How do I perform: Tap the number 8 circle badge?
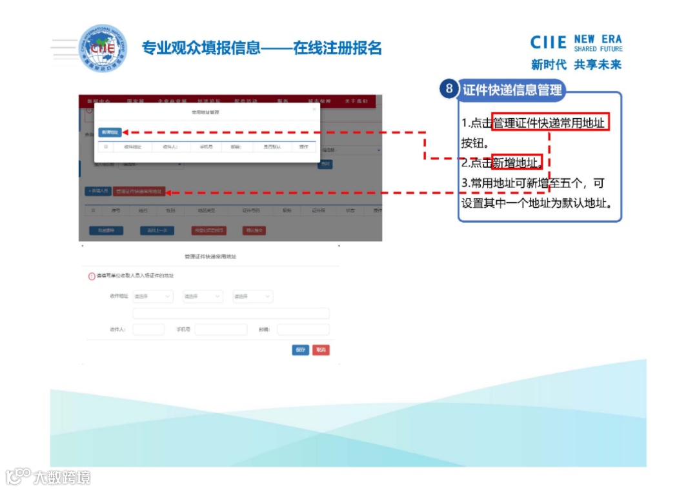[450, 89]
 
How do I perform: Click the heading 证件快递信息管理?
[512, 90]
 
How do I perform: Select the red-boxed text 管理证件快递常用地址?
[551, 123]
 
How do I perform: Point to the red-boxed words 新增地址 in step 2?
[516, 162]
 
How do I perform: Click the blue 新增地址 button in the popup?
[110, 132]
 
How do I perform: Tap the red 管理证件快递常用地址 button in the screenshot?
[139, 192]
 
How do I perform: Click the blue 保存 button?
[300, 350]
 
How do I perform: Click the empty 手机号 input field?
[221, 330]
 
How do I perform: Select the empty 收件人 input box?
[148, 330]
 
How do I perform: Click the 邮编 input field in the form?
[303, 330]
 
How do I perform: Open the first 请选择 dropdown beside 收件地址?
[153, 296]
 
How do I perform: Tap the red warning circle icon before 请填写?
[92, 276]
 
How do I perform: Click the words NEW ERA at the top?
[598, 39]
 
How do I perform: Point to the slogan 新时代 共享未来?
[576, 65]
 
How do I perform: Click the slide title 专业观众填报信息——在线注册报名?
[262, 48]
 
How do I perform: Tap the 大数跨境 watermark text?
[62, 478]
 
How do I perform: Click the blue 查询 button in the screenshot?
[325, 165]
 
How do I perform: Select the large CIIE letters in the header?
[549, 43]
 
